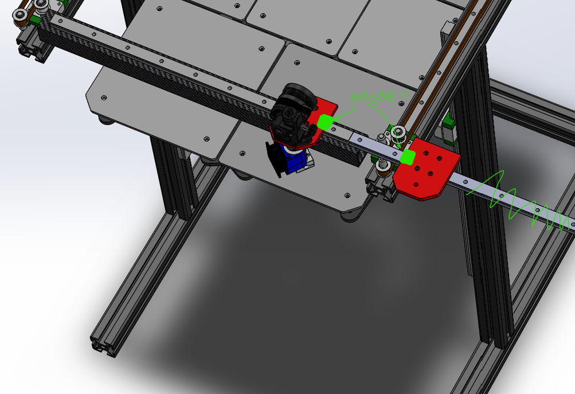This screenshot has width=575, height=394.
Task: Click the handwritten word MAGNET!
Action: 379,97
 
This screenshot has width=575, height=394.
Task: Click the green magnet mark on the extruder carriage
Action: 325,122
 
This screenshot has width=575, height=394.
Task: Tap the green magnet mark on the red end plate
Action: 407,157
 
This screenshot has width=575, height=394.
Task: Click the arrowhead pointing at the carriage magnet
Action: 337,119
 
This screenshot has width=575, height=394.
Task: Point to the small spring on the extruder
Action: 306,128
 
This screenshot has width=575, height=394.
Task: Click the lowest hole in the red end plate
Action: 416,185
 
